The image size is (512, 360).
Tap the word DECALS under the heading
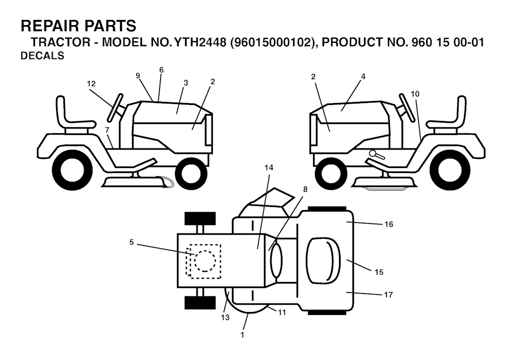point(42,56)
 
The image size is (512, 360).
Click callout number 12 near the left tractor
point(91,83)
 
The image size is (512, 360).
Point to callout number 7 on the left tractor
point(107,129)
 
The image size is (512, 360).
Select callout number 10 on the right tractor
point(414,94)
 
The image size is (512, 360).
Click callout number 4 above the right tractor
point(363,76)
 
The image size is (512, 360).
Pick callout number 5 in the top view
point(131,242)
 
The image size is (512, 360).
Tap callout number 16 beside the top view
point(388,224)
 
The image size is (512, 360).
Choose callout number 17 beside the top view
point(388,294)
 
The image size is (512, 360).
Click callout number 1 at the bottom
point(242,335)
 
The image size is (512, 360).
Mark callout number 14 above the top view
point(268,167)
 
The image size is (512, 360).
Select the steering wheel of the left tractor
point(115,107)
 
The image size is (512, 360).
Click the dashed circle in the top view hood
point(205,261)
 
